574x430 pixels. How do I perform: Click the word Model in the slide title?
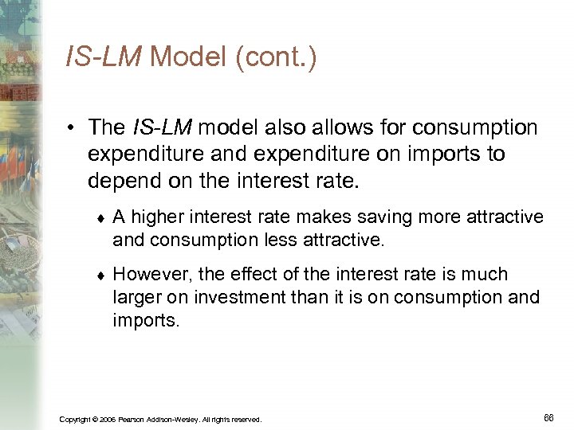(188, 57)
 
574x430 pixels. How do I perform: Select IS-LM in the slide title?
(104, 57)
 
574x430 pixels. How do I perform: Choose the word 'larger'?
(137, 297)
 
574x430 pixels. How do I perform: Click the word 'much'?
(483, 275)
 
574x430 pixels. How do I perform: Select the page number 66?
(548, 416)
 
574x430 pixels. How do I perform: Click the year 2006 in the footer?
(107, 419)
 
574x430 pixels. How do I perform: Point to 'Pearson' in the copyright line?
(132, 419)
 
